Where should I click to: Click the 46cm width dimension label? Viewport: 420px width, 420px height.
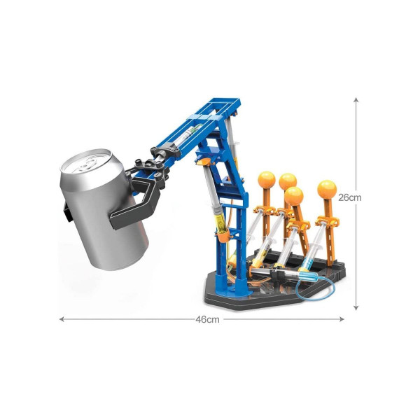tap(207, 319)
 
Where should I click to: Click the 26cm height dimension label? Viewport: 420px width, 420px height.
tap(349, 197)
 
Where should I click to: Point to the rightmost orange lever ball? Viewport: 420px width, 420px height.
tap(327, 190)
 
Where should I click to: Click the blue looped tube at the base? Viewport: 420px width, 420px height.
tap(316, 288)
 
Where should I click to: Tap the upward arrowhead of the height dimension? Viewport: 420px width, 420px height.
tap(356, 100)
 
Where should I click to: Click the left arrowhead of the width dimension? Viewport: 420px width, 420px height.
tap(62, 319)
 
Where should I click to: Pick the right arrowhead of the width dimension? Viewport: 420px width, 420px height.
tap(342, 319)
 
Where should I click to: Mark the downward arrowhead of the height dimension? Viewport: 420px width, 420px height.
tap(356, 307)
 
